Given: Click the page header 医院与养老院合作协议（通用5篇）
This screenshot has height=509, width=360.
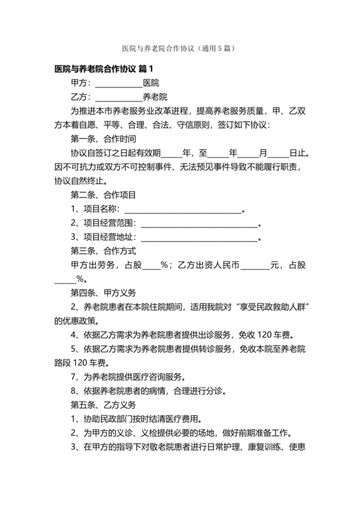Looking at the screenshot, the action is click(x=180, y=49).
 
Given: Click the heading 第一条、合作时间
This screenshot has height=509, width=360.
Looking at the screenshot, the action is click(x=103, y=139).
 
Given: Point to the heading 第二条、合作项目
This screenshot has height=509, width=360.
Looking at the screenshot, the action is click(x=103, y=195).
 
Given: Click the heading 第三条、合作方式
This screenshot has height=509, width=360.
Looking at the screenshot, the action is click(x=103, y=251).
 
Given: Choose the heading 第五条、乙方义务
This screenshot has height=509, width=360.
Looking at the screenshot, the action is click(x=103, y=405).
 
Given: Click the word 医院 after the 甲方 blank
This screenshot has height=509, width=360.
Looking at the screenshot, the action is click(x=151, y=83).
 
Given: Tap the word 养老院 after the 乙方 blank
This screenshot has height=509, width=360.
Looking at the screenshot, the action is click(x=155, y=97).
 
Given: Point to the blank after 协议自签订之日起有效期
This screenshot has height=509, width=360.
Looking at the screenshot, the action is click(x=172, y=154).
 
